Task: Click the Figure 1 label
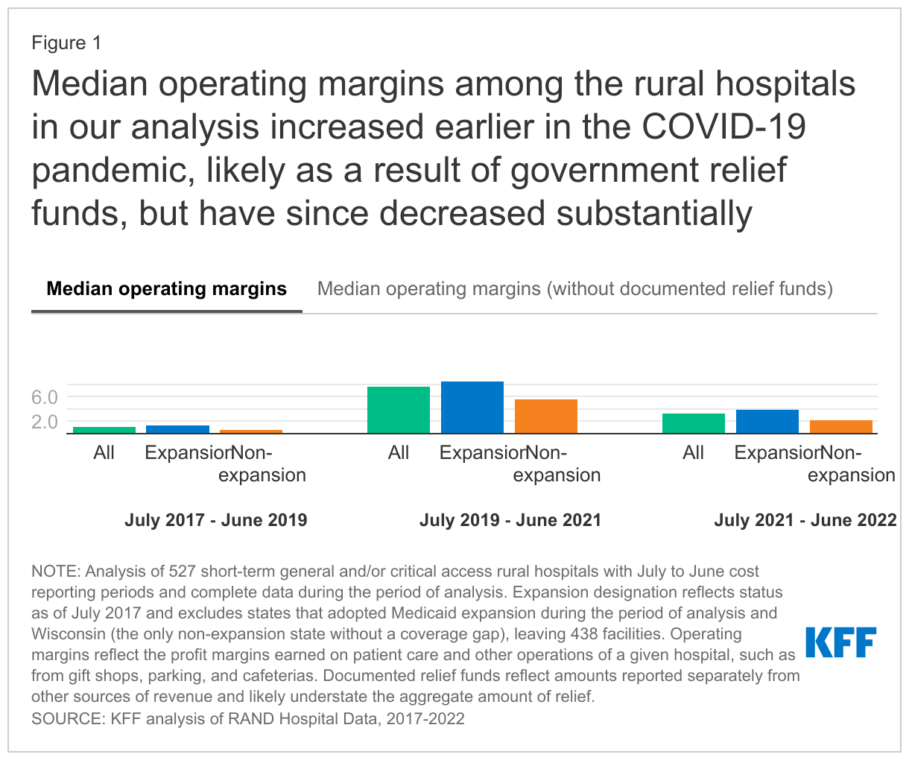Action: coord(66,43)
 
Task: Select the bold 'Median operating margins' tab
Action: coord(166,289)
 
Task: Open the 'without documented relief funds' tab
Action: coord(574,289)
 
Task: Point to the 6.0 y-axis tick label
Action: coord(45,397)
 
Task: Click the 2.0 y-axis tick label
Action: coord(45,422)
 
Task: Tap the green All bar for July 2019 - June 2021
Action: coord(399,410)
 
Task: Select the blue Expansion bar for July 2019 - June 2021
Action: coord(472,407)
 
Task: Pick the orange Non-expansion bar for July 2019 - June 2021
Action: coord(546,416)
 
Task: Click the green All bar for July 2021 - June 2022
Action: coord(693,423)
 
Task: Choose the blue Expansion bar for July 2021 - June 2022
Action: coord(767,421)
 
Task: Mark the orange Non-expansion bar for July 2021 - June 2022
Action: coord(840,426)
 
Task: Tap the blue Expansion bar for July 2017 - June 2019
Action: coord(177,429)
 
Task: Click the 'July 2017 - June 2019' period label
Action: coord(215,520)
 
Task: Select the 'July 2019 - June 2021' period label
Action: coord(510,520)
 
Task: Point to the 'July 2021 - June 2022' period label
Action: coord(805,520)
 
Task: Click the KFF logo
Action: coord(841,642)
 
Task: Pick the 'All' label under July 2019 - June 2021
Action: coord(399,452)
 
